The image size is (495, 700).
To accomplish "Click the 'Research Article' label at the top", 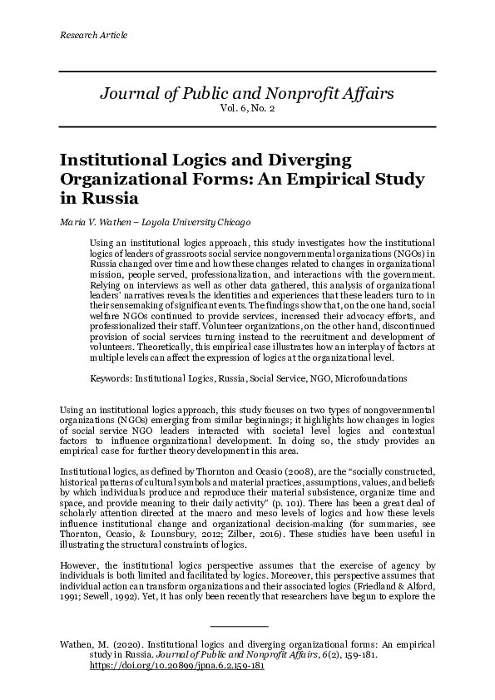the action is click(x=94, y=35).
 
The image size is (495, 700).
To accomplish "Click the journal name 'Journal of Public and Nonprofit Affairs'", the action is click(x=247, y=92).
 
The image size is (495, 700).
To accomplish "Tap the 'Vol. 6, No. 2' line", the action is click(x=247, y=109).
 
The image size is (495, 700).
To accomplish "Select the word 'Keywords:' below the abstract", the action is click(x=111, y=377).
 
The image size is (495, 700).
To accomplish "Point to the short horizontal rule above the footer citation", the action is click(x=240, y=624).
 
